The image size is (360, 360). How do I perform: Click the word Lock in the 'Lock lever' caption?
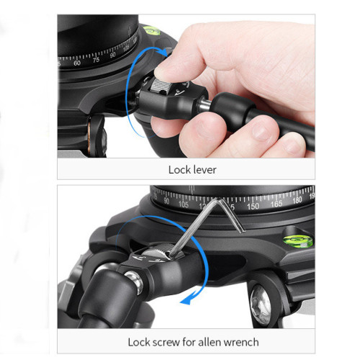click(x=178, y=170)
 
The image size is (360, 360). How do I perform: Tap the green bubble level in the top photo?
click(x=151, y=30)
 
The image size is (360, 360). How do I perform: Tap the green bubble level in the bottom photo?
click(x=298, y=240)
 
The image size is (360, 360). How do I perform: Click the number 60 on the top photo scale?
click(x=77, y=63)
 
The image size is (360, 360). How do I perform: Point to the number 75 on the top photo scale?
click(x=96, y=60)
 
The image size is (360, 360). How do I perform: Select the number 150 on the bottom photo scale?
click(x=253, y=206)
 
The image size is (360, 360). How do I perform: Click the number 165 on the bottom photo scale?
click(x=276, y=204)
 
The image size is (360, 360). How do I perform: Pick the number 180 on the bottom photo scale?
click(x=297, y=200)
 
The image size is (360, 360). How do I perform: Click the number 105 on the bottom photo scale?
click(x=184, y=204)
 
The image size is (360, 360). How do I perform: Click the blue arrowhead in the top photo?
click(x=164, y=51)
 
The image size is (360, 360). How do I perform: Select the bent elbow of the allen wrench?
click(x=218, y=201)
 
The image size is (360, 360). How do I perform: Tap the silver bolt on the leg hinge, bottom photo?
click(x=135, y=282)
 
